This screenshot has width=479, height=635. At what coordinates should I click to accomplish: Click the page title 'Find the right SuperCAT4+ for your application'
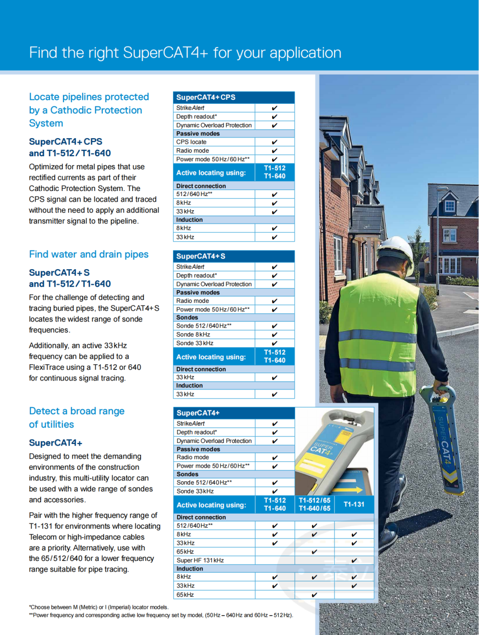coord(185,53)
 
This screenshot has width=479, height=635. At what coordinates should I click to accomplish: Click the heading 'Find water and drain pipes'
coord(89,254)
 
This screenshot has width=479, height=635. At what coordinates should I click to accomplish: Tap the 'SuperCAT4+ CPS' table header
coord(206,97)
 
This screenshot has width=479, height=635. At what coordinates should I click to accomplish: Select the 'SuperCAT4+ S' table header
coord(201,257)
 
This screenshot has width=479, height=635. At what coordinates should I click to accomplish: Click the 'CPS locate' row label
coord(191,142)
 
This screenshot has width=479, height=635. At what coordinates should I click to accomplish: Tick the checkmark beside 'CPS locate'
coord(274,142)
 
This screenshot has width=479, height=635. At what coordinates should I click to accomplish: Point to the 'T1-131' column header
coord(354,504)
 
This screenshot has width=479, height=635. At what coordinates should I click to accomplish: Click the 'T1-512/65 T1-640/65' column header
coord(314,504)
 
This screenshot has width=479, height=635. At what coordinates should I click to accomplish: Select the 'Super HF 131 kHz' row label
coord(200,560)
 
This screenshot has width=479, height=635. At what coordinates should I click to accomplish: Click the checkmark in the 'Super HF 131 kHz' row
coord(354,560)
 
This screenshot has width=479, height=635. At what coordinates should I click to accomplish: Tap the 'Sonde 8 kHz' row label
coord(193,335)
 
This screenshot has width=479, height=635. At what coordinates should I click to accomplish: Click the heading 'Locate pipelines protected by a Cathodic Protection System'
coord(89,110)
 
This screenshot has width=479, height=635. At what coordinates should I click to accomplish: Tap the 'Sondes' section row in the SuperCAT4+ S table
coord(187,317)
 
